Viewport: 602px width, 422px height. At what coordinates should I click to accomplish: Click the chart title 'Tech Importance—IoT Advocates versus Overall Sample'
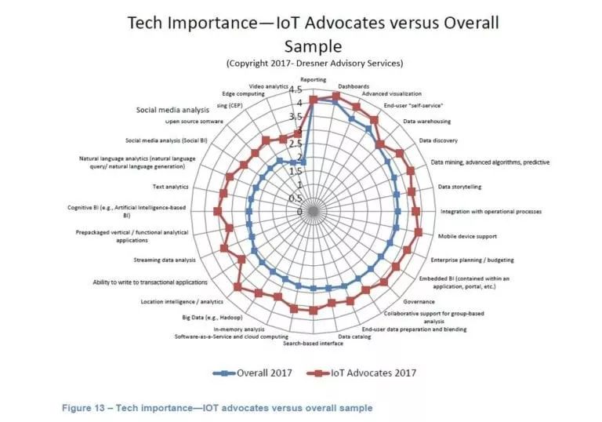313,33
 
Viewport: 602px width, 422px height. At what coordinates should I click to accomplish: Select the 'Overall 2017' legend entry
258,373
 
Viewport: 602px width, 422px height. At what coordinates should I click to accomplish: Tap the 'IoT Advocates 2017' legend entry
368,373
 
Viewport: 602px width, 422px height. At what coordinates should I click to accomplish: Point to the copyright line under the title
313,63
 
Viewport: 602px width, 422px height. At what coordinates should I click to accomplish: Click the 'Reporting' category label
314,80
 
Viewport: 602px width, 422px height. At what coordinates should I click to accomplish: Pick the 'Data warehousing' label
426,122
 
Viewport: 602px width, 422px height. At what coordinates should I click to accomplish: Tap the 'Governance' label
419,301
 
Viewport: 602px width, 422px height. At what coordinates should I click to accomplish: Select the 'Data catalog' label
354,337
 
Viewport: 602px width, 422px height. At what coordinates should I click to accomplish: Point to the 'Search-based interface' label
313,344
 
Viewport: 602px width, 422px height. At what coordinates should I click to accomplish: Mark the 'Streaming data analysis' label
164,260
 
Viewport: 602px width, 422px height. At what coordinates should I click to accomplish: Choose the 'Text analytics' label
170,187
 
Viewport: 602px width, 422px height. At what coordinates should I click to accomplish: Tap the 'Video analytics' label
267,85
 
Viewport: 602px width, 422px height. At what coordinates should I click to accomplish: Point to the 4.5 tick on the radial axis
298,89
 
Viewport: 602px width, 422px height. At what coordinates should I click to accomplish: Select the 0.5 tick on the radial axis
298,198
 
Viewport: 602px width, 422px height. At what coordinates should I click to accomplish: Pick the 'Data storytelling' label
459,187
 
